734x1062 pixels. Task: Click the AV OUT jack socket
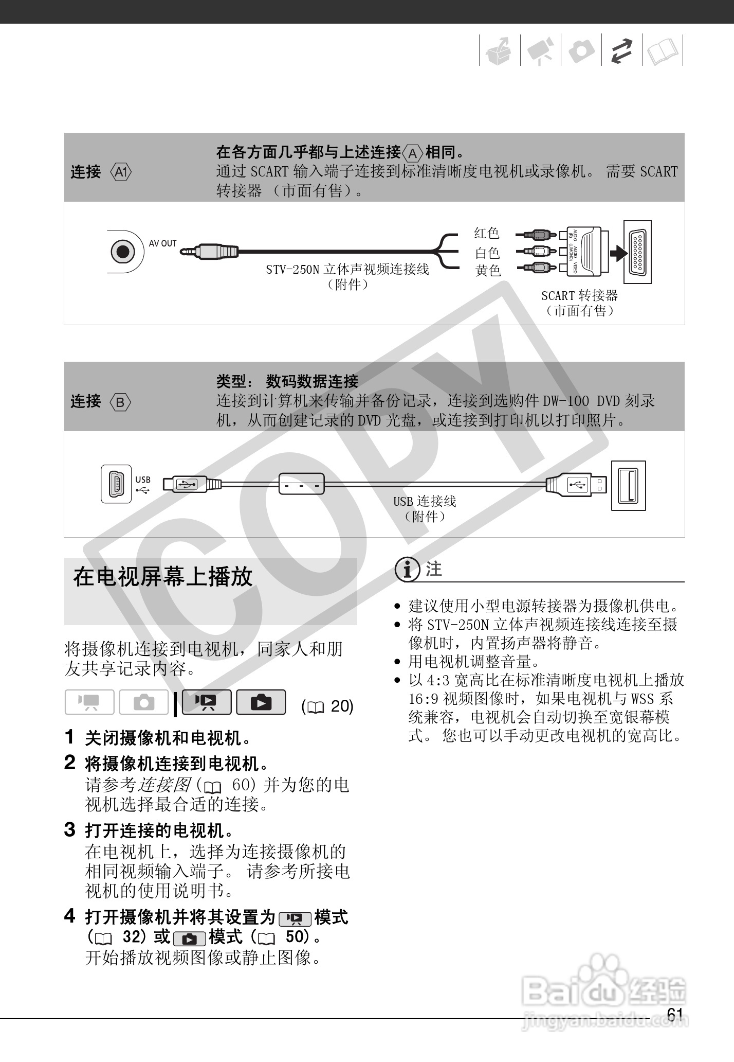(x=123, y=252)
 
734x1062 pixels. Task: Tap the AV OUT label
(x=162, y=243)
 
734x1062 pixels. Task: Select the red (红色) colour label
(x=487, y=233)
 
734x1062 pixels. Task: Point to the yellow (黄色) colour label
(x=487, y=270)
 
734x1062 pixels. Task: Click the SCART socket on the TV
(x=637, y=252)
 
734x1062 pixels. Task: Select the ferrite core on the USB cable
(x=302, y=484)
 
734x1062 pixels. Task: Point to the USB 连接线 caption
(x=425, y=501)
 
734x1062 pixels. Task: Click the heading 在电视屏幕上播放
(x=163, y=577)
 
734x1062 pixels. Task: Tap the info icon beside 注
(x=407, y=570)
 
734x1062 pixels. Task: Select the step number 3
(x=70, y=830)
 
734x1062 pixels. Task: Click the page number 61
(x=674, y=1015)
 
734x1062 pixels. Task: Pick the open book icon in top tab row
(x=663, y=51)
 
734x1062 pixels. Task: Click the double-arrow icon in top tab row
(x=622, y=51)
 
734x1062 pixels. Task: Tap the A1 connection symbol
(x=121, y=172)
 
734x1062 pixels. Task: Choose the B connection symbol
(x=120, y=402)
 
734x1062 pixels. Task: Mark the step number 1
(x=70, y=737)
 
